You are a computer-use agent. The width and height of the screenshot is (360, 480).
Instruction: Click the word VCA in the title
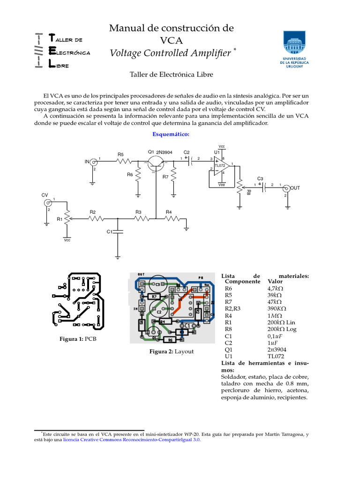tap(171, 40)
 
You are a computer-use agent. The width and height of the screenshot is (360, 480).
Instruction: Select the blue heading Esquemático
tap(171, 135)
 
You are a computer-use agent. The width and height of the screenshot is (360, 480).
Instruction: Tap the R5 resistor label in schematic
tap(120, 154)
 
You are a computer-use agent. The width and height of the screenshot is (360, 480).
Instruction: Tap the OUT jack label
tap(295, 188)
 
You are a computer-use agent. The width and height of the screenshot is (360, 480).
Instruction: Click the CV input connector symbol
tap(47, 203)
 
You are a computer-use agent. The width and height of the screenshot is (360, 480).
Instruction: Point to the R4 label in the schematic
tap(169, 212)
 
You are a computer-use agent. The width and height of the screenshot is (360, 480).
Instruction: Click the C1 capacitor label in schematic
tap(109, 232)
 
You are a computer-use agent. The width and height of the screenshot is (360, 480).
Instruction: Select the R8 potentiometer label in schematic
tap(248, 192)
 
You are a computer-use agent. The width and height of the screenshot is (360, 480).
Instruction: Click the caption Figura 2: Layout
tap(171, 351)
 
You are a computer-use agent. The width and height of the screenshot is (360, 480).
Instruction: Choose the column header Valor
tap(275, 282)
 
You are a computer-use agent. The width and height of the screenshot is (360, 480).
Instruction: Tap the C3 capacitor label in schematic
tap(260, 179)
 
